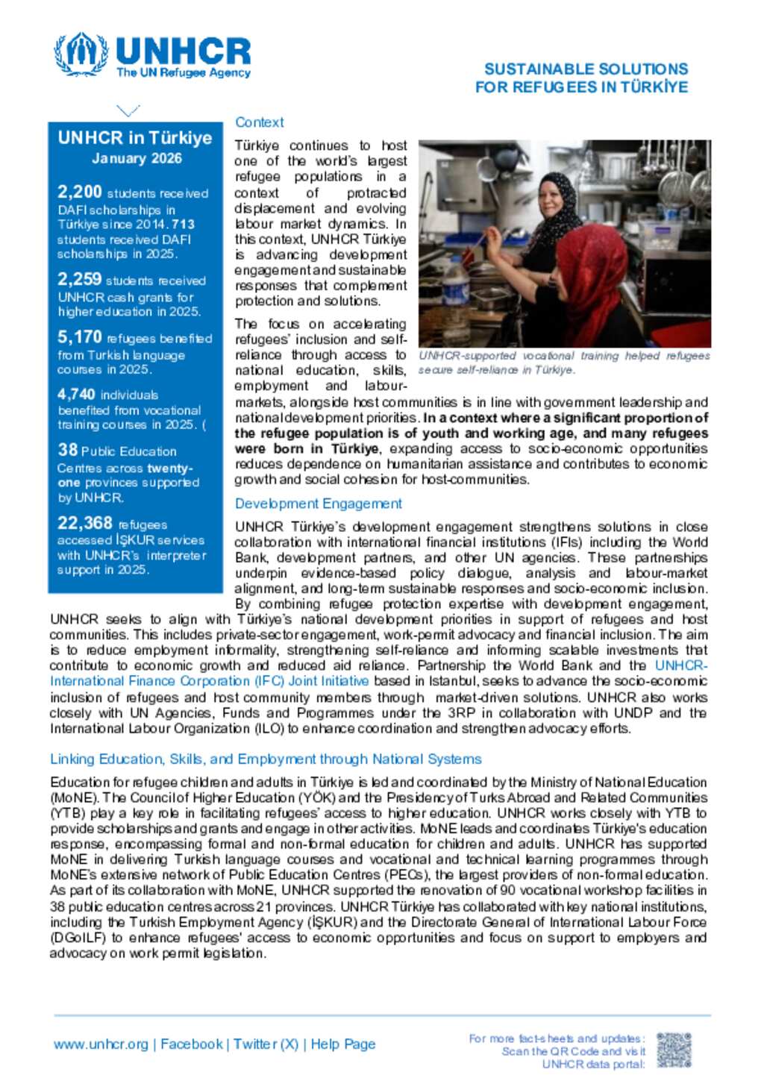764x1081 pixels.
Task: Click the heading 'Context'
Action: (259, 122)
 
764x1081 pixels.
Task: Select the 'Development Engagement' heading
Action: (318, 504)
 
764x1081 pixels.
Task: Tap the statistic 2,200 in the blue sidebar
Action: (79, 192)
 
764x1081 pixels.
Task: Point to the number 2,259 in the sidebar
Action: (79, 279)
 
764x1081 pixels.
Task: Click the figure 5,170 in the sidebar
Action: (79, 337)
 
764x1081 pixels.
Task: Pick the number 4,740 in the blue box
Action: (76, 394)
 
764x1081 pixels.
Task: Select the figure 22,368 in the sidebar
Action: (84, 523)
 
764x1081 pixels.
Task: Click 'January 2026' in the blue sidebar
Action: (137, 158)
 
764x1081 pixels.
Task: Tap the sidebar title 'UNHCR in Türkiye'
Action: (135, 138)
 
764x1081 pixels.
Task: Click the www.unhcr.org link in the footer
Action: (101, 1044)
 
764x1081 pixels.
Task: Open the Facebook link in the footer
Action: (192, 1044)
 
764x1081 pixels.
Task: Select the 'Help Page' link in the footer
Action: (343, 1044)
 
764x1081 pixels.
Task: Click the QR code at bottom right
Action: (674, 1050)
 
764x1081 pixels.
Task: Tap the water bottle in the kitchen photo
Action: (456, 287)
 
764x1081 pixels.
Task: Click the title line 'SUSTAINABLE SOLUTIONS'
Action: (586, 69)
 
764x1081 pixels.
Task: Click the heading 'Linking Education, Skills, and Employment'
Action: (266, 759)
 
